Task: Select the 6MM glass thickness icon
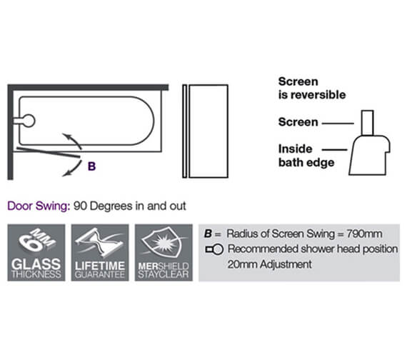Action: pos(35,252)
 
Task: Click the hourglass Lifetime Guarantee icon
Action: pos(99,252)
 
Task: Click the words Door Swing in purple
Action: pos(36,206)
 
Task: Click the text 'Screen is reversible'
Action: pos(311,88)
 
